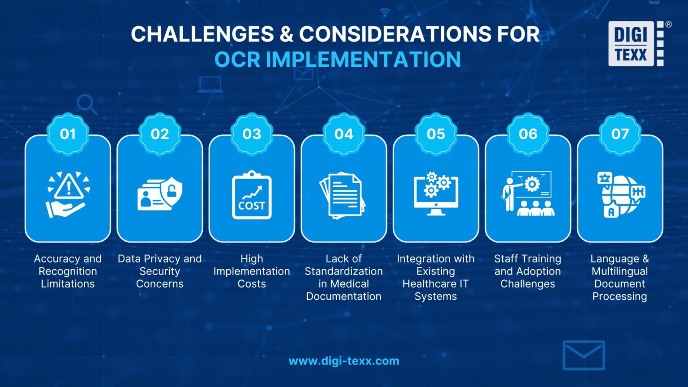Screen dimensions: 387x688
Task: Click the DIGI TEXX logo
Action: click(x=636, y=44)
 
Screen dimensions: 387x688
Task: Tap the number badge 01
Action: click(x=68, y=134)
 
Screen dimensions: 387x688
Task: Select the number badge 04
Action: click(x=344, y=134)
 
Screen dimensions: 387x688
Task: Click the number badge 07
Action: click(x=620, y=134)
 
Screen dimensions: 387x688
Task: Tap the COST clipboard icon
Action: click(x=252, y=196)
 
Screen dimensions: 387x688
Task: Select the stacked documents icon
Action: click(x=343, y=196)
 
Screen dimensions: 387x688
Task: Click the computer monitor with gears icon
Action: click(x=435, y=193)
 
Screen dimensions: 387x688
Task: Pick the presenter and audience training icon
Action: click(x=528, y=193)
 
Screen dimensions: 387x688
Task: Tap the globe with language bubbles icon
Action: click(x=621, y=195)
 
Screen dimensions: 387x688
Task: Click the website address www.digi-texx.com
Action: click(x=344, y=361)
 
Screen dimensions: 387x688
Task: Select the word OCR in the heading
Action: click(x=237, y=60)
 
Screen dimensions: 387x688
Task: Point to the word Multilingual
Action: click(x=619, y=271)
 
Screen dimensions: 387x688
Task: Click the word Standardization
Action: click(x=344, y=271)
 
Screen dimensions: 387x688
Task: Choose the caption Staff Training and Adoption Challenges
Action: click(x=528, y=271)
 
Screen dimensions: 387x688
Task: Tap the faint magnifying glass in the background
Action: click(x=86, y=105)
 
